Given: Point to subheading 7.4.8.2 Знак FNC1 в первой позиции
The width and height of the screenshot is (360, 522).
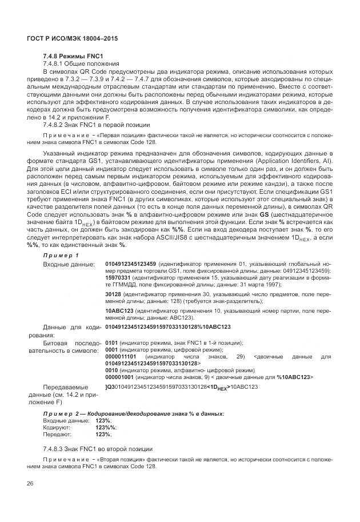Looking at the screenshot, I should click(96, 124).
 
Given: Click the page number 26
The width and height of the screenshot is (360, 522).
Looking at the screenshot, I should click(30, 484).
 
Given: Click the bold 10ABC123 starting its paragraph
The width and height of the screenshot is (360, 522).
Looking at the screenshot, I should click(119, 310).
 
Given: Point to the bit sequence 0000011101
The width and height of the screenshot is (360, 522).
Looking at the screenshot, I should click(121, 357).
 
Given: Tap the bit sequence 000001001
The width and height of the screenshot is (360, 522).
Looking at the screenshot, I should click(119, 378).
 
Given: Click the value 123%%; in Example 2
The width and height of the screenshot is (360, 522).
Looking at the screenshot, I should click(106, 427).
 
